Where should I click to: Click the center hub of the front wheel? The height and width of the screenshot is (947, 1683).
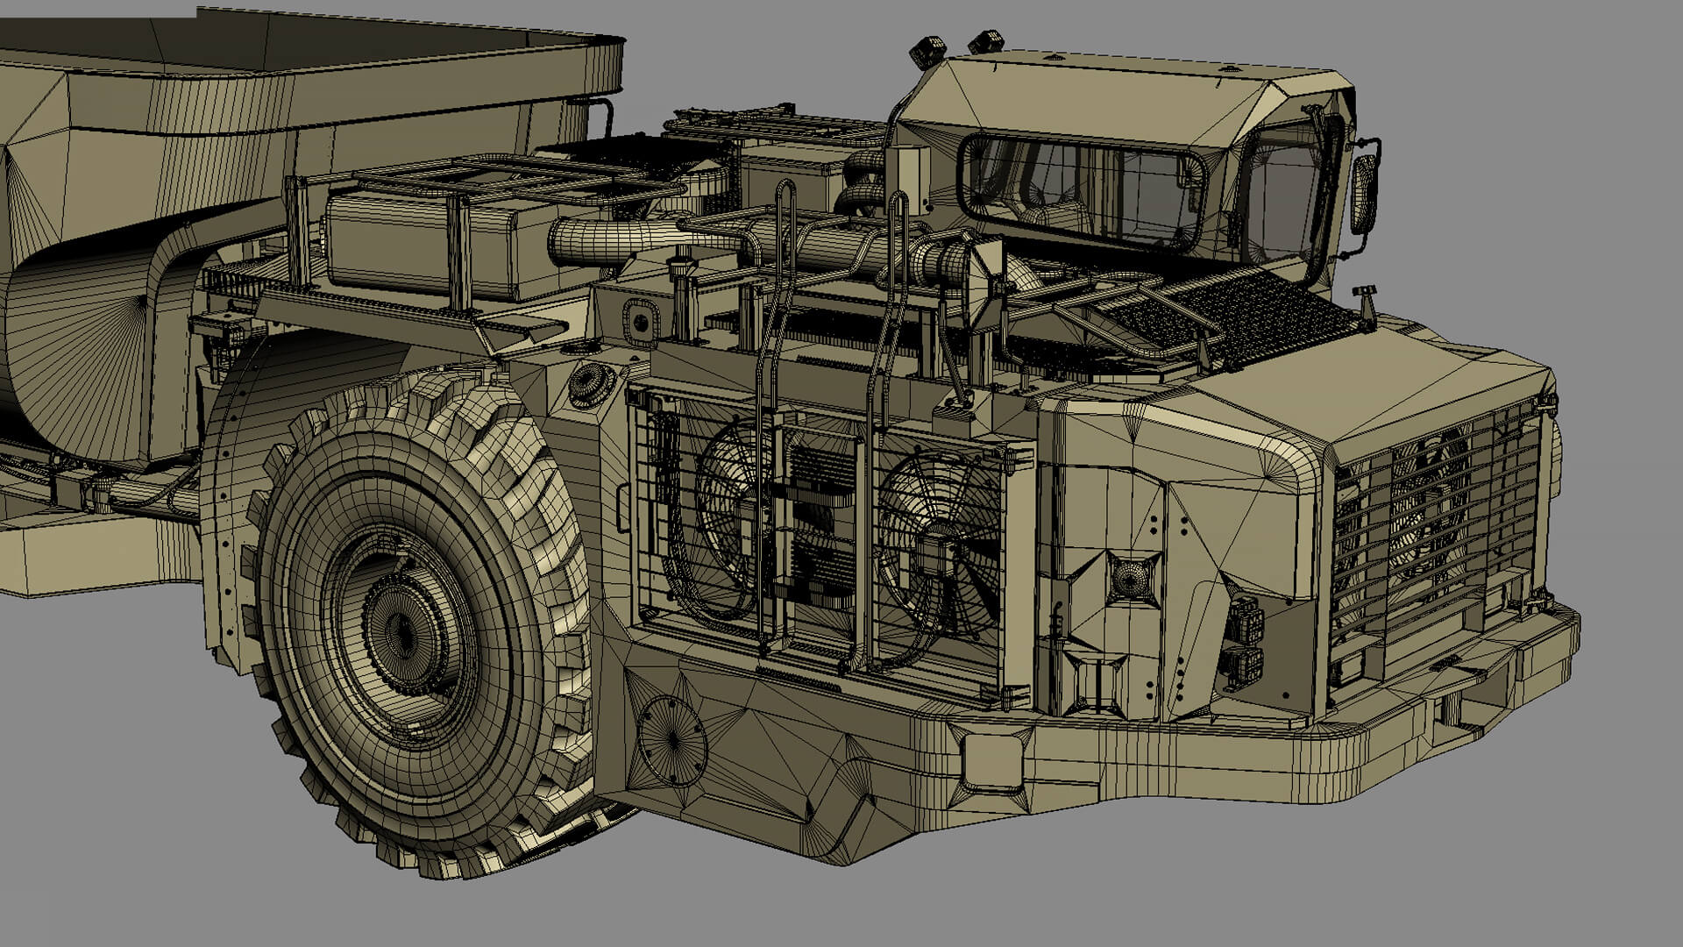tap(401, 629)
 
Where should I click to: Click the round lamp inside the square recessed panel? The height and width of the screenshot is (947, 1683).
tap(1133, 578)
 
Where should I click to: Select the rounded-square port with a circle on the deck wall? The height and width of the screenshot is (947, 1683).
tap(639, 321)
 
